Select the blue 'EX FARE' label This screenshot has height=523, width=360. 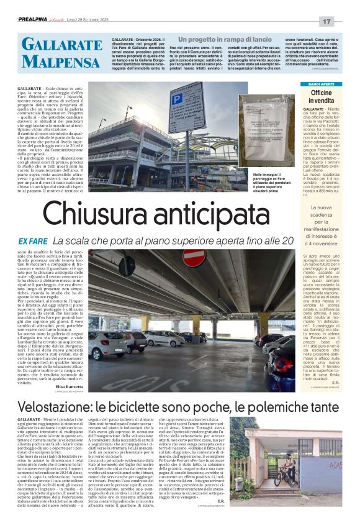pyautogui.click(x=32, y=240)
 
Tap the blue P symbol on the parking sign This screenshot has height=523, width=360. pyautogui.click(x=177, y=99)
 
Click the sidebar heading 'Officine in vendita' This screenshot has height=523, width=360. pyautogui.click(x=321, y=96)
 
